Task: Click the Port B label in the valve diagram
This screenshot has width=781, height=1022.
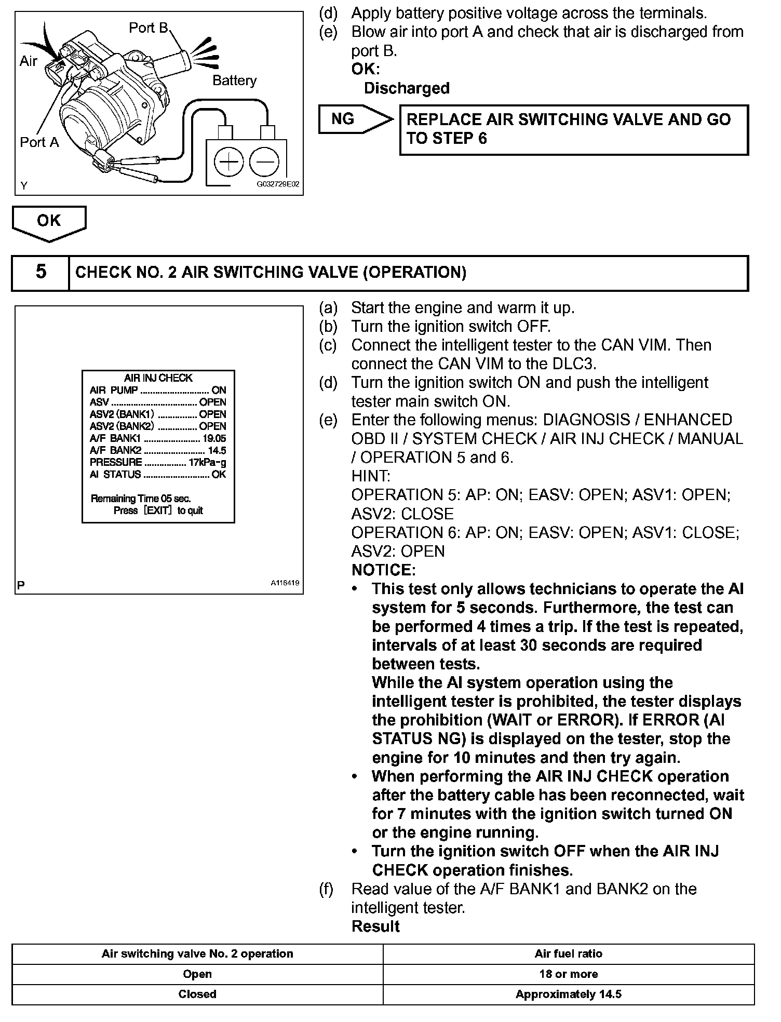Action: coord(149,28)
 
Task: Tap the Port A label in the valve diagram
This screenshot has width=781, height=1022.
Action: coord(39,142)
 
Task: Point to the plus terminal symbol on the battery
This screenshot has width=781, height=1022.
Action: coord(228,163)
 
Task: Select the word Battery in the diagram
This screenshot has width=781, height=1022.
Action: coord(234,80)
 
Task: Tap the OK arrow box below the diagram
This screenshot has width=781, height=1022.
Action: coord(49,222)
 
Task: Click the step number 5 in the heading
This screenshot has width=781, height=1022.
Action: coord(41,272)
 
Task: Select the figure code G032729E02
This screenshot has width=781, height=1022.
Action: coord(278,184)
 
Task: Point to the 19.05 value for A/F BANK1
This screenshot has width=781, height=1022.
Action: coord(214,439)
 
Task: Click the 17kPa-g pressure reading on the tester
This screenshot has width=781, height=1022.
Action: coord(207,462)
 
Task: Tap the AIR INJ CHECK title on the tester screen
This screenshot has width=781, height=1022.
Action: coord(158,378)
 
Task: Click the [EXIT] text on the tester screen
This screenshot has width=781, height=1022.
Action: coord(157,510)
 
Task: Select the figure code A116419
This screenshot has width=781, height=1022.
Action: coord(285,583)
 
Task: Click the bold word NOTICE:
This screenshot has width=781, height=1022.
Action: coord(383,570)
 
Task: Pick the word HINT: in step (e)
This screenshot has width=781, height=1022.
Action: coord(371,476)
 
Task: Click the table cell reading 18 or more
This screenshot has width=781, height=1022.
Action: coord(569,974)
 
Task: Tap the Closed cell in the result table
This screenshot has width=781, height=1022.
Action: coord(197,994)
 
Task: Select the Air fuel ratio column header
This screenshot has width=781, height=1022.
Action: coord(569,953)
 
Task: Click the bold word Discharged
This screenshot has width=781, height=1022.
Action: coord(407,88)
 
